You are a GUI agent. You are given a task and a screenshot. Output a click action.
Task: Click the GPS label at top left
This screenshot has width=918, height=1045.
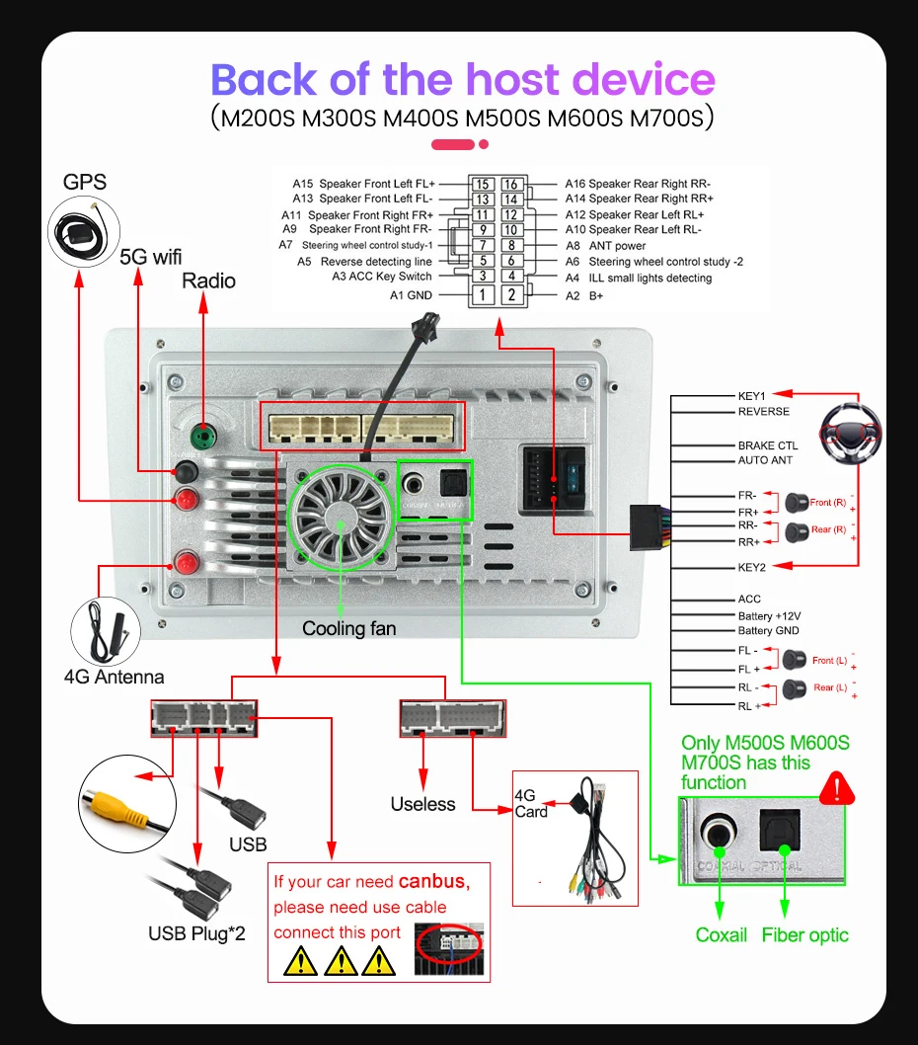pyautogui.click(x=85, y=182)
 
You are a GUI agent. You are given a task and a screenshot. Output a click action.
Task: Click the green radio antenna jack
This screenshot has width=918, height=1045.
pyautogui.click(x=204, y=432)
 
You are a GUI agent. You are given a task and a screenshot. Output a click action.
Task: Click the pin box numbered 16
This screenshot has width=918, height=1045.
pyautogui.click(x=510, y=184)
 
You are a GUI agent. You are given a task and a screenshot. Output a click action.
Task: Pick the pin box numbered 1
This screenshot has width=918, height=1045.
pyautogui.click(x=482, y=294)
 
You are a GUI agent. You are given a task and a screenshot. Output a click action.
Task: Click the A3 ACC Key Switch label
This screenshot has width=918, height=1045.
pyautogui.click(x=382, y=277)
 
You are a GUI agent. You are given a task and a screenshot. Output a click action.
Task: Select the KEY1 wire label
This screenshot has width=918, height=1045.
pyautogui.click(x=752, y=396)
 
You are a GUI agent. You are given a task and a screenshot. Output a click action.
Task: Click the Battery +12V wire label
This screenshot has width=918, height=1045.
pyautogui.click(x=769, y=615)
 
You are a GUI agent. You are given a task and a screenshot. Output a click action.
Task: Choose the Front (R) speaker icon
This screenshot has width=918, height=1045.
pyautogui.click(x=797, y=503)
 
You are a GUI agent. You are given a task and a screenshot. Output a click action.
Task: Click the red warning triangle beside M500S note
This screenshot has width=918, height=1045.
pyautogui.click(x=837, y=787)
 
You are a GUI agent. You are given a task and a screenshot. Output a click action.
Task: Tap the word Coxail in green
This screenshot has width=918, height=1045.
pyautogui.click(x=722, y=934)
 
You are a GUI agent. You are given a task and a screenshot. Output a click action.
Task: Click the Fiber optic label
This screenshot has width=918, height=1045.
pyautogui.click(x=804, y=934)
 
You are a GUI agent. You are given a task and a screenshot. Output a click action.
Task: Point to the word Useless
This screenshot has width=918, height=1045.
pyautogui.click(x=422, y=804)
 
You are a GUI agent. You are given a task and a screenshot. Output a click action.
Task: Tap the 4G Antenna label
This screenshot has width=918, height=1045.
pyautogui.click(x=114, y=677)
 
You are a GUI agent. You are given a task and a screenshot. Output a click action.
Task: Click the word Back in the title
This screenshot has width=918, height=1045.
pyautogui.click(x=264, y=79)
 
